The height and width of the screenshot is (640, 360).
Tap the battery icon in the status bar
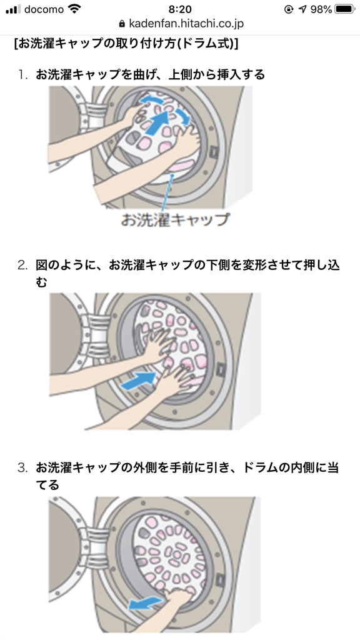tap(344, 9)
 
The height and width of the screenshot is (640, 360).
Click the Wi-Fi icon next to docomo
tap(75, 9)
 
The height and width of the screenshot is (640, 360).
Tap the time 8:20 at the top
tap(179, 9)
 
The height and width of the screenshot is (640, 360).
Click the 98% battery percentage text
tap(321, 9)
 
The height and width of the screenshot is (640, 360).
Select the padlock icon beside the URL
tap(122, 24)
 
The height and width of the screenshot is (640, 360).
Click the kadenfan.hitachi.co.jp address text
tap(186, 24)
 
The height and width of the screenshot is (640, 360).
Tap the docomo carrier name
tap(44, 9)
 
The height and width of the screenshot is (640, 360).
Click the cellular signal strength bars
tap(13, 9)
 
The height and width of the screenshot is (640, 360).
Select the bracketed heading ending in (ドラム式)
tap(126, 43)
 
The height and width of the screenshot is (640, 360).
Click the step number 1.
tap(22, 75)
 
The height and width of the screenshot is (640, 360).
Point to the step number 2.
tap(22, 265)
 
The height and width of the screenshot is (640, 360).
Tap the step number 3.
tap(22, 467)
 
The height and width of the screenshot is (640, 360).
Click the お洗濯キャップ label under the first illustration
tap(175, 219)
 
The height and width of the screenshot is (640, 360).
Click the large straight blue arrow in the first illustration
tap(157, 121)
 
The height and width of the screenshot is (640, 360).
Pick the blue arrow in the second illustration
tap(139, 381)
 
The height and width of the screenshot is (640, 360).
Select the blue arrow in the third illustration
tap(146, 603)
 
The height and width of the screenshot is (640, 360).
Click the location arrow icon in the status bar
tap(302, 9)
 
